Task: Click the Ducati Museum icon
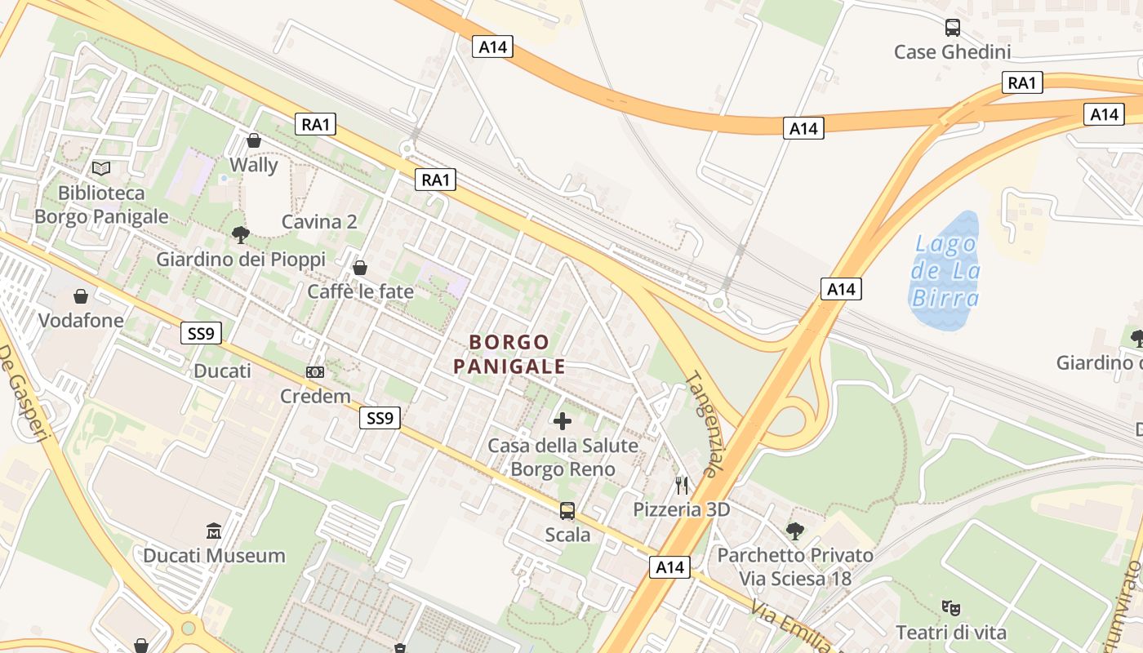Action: [x=214, y=531]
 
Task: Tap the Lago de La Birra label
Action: [x=945, y=271]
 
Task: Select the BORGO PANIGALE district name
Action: [x=509, y=354]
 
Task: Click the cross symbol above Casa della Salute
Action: [x=563, y=421]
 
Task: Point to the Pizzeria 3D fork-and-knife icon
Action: [x=682, y=486]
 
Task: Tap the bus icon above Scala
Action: [x=567, y=511]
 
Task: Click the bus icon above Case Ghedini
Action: [x=952, y=28]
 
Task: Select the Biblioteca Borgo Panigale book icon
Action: [x=101, y=168]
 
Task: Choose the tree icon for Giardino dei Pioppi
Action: [x=240, y=235]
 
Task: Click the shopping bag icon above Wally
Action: [x=254, y=140]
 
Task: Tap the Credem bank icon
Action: [x=314, y=372]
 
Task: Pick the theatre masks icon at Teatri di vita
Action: [x=950, y=607]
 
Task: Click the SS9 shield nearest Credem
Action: [x=380, y=419]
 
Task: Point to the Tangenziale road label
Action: [x=702, y=424]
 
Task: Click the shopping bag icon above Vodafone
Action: [x=81, y=295]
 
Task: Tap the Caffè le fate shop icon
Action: [x=360, y=267]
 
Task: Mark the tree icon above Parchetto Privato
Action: [x=794, y=531]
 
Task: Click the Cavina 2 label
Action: [x=319, y=222]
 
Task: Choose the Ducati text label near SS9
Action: [x=222, y=371]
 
